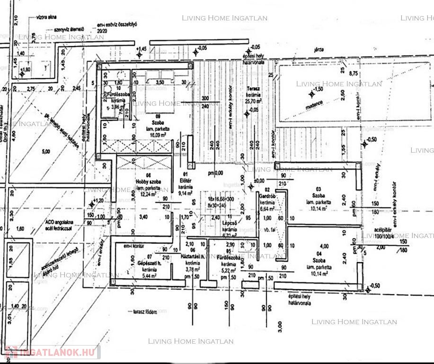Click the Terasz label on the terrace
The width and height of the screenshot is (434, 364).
pos(251,89)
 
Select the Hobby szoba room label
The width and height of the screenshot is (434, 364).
pos(149,182)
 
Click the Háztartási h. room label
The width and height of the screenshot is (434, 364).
pos(193,256)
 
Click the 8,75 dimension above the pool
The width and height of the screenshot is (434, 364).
pos(353,73)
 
